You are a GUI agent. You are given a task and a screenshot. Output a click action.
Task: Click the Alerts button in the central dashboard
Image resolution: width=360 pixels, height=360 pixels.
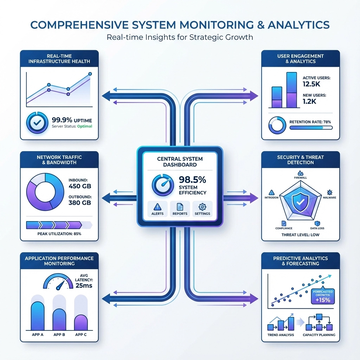coord(157,209)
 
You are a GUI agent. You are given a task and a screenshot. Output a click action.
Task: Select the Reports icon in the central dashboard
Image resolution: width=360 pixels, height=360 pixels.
coord(180,209)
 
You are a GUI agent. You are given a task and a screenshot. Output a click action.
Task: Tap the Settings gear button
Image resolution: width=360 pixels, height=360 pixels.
coord(202,209)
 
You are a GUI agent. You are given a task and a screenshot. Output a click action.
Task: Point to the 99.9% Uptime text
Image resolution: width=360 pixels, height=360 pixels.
coord(72,121)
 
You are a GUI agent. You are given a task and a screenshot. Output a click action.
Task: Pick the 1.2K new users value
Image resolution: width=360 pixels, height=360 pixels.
coord(310,102)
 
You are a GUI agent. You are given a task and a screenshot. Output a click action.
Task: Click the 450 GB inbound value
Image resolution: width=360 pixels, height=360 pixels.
coord(80,186)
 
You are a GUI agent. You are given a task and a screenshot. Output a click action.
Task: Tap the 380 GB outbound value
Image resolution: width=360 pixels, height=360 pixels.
coord(80,203)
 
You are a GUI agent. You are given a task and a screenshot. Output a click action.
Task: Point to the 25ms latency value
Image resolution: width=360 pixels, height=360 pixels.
coord(84,285)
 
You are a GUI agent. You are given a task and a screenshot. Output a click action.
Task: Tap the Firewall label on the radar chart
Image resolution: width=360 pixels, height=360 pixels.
coord(300,178)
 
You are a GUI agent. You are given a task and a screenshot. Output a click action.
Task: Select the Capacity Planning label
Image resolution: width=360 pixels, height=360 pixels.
coord(319,335)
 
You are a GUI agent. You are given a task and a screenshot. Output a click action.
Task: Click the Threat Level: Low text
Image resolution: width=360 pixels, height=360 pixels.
coord(301,235)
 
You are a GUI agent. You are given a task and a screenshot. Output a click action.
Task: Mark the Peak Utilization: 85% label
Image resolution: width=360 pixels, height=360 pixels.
coord(59,234)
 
